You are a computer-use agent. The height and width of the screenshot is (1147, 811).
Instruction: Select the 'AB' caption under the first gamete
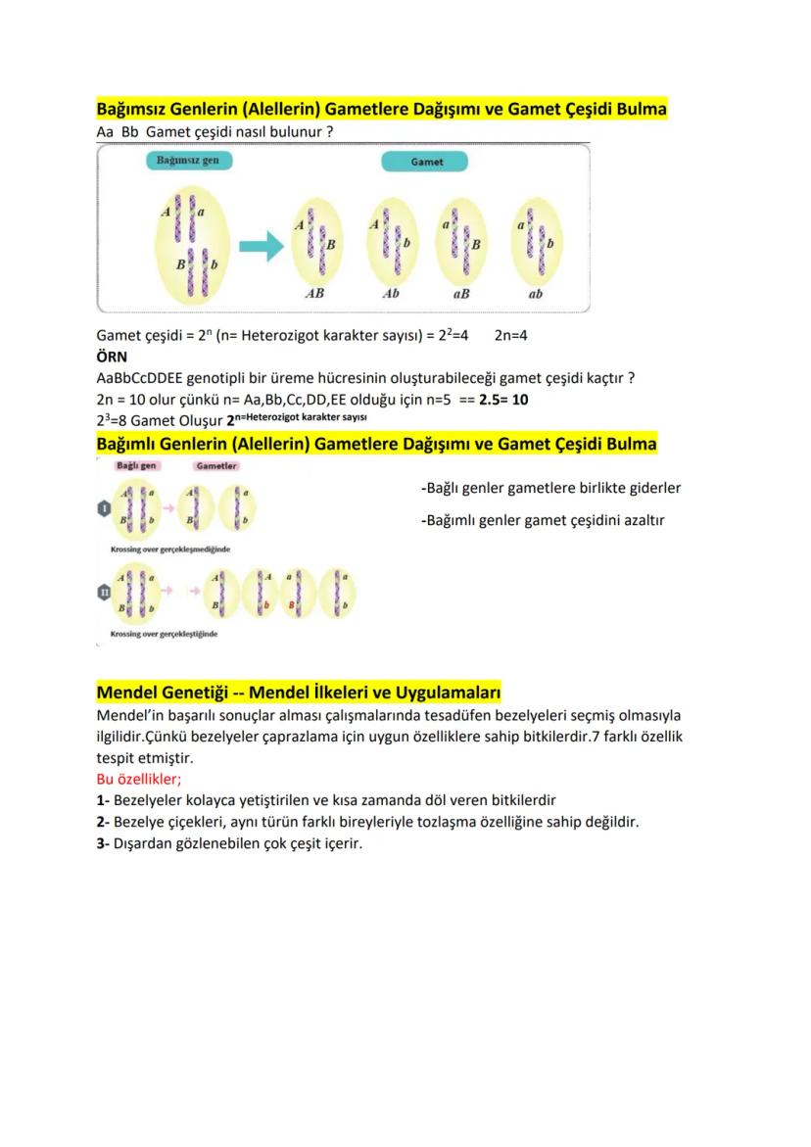(x=314, y=293)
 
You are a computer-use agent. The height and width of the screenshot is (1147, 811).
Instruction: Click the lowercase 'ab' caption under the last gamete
(x=536, y=293)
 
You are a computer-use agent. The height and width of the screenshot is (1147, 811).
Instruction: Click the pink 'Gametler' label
(x=216, y=466)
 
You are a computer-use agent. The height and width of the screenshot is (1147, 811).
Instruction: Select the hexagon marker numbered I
(x=103, y=507)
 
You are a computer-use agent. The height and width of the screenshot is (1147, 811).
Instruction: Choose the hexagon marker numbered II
(x=103, y=592)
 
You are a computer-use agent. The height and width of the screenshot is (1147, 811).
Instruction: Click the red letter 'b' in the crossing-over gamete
(x=265, y=607)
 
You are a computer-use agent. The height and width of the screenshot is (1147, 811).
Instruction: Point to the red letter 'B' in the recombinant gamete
(x=291, y=607)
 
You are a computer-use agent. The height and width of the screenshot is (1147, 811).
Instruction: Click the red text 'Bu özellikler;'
(x=138, y=780)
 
